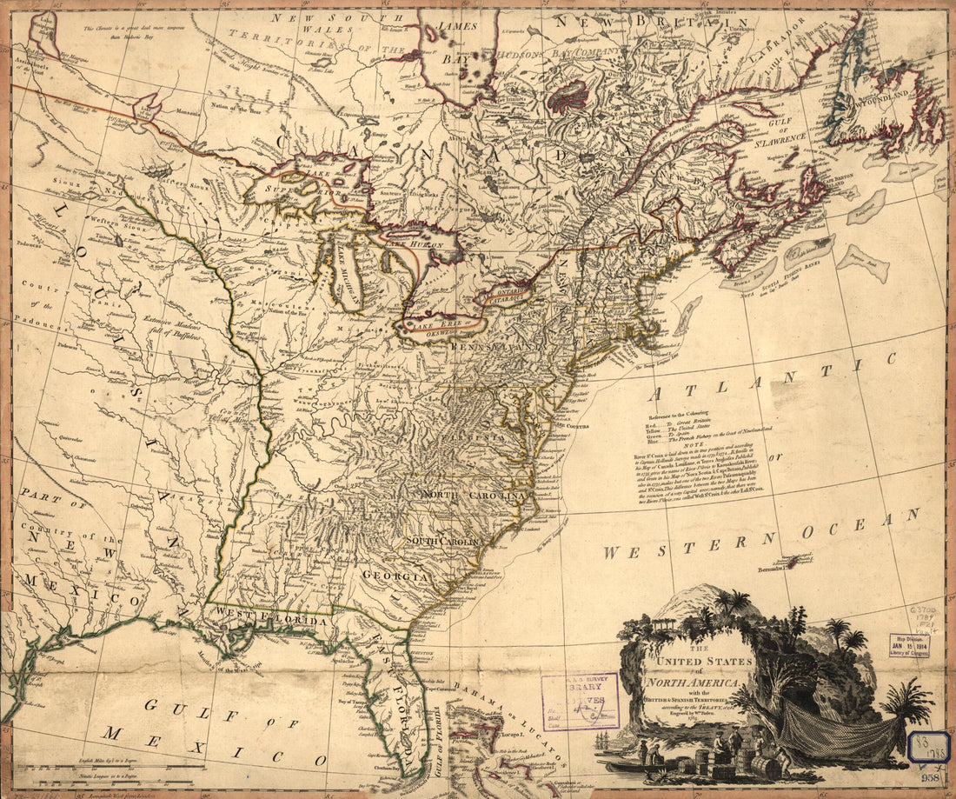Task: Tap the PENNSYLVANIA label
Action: [495, 346]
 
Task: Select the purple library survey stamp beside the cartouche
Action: [580, 701]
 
